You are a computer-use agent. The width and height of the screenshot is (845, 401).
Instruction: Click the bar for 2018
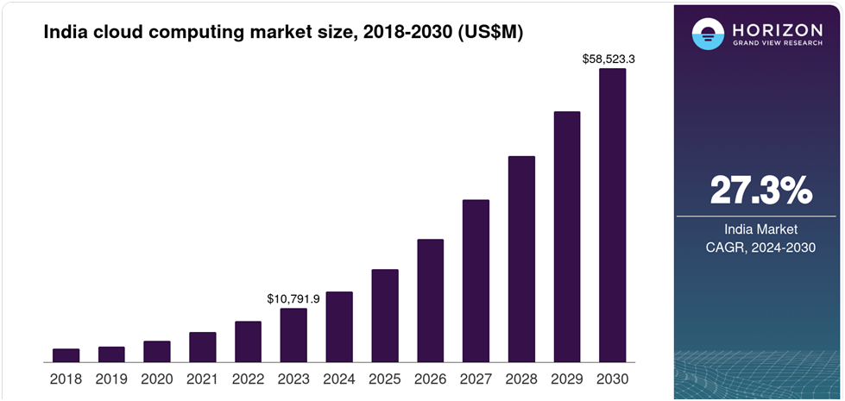pos(66,355)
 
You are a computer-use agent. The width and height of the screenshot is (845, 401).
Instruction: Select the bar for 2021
pos(203,348)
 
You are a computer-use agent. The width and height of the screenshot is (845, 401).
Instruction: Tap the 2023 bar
pos(293,335)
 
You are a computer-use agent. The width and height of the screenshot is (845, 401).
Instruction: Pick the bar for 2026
pos(430,301)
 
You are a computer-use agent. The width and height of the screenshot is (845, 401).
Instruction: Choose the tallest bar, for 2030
pos(613,216)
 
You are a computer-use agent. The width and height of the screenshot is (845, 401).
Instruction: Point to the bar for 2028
pos(521,260)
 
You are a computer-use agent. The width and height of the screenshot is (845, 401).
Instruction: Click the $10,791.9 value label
pos(293,298)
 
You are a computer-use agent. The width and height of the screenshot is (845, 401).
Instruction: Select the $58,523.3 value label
pos(609,60)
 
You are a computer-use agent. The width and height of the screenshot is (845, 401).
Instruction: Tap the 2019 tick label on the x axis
pos(111,379)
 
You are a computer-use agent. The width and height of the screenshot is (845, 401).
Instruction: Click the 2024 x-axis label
pos(339,379)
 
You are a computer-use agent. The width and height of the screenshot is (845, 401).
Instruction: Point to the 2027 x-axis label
pos(476,379)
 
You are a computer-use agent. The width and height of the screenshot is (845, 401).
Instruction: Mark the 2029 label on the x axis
pos(567,379)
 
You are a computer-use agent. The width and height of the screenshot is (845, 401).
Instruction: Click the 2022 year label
pos(248,379)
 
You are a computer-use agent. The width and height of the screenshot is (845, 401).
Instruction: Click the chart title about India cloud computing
pos(283,33)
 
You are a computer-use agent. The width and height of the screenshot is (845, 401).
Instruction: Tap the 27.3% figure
pos(761,190)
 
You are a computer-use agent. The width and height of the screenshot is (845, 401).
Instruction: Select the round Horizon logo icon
pos(708,34)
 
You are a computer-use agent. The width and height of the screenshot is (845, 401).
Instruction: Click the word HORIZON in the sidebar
pos(777,29)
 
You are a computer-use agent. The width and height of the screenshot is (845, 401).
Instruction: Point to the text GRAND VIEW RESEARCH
pos(777,43)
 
